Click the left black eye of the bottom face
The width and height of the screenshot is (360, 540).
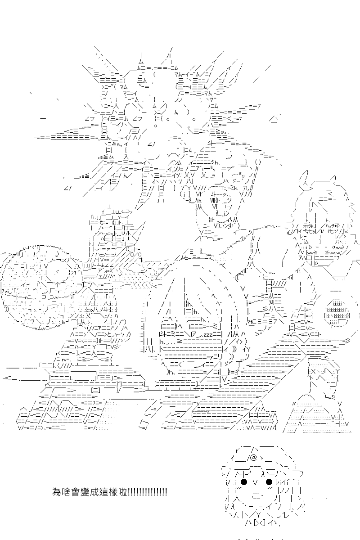[x=244, y=481]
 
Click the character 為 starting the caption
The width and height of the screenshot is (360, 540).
[x=56, y=491]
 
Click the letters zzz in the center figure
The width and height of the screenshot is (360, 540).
[x=208, y=335]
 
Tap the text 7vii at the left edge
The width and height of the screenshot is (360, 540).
[x=5, y=290]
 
